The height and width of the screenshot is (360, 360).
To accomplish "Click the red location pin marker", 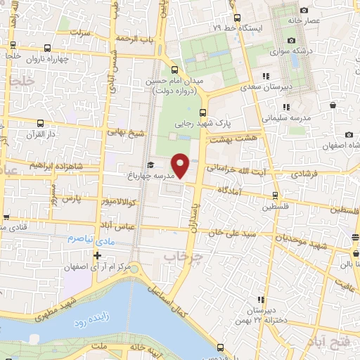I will pos(181,166).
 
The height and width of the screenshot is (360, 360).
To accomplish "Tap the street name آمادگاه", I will pos(230,191).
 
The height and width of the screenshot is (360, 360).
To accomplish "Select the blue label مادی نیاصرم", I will pos(85,238).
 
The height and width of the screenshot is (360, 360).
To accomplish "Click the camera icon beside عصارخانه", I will pos(304,10).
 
